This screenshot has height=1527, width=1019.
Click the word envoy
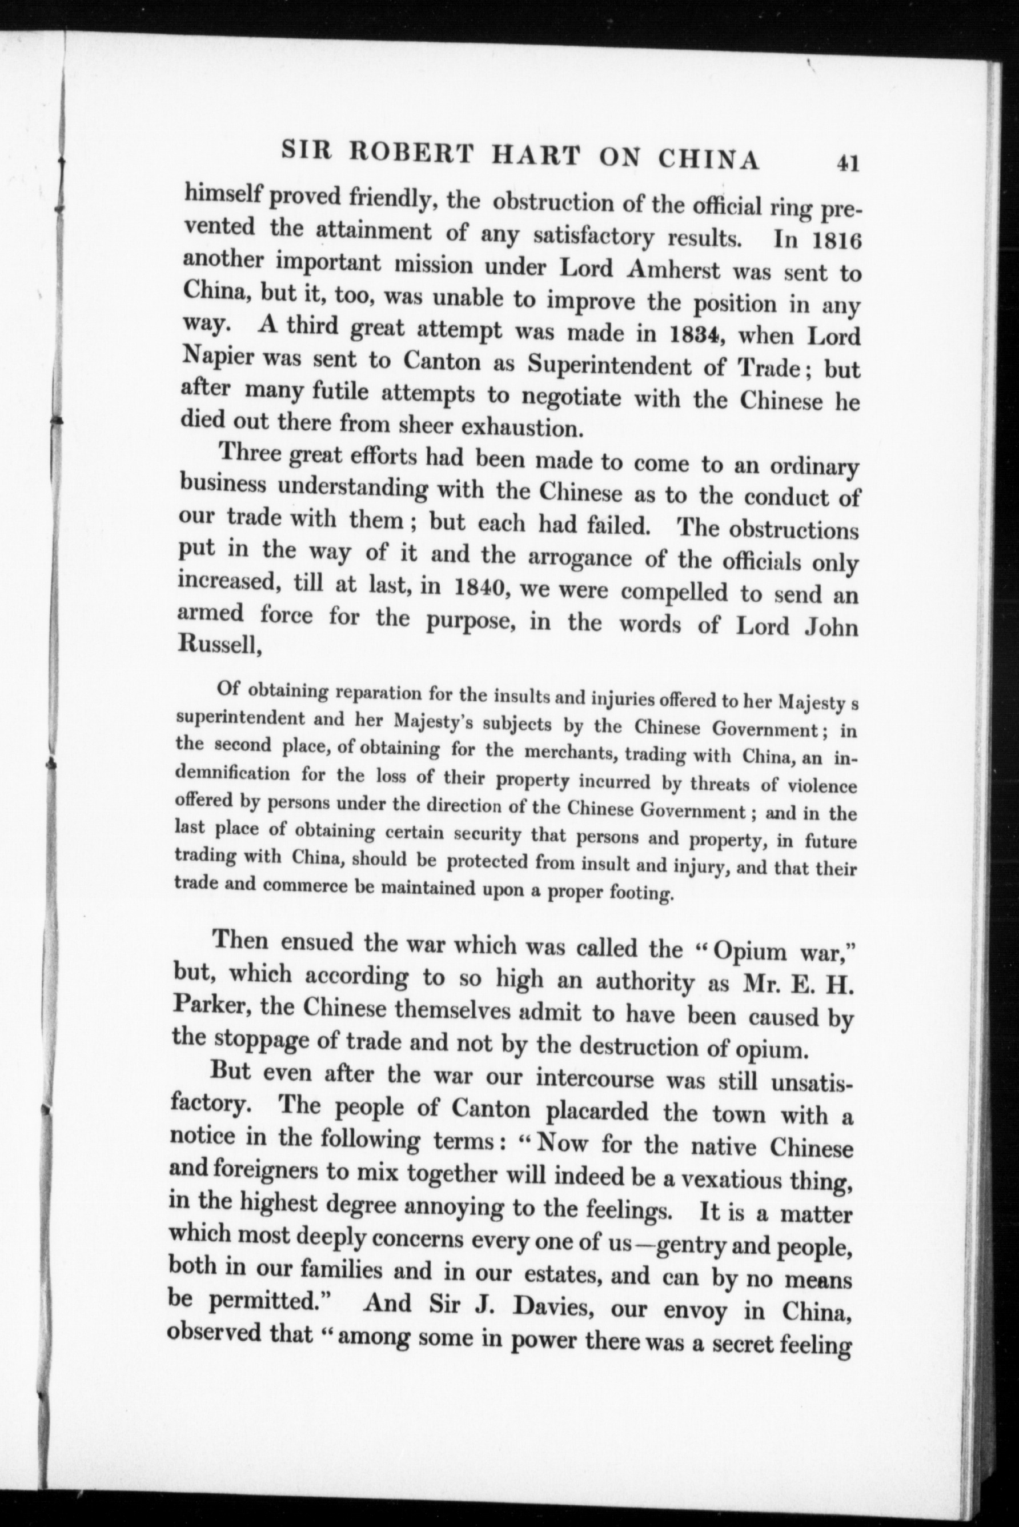693,1309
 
